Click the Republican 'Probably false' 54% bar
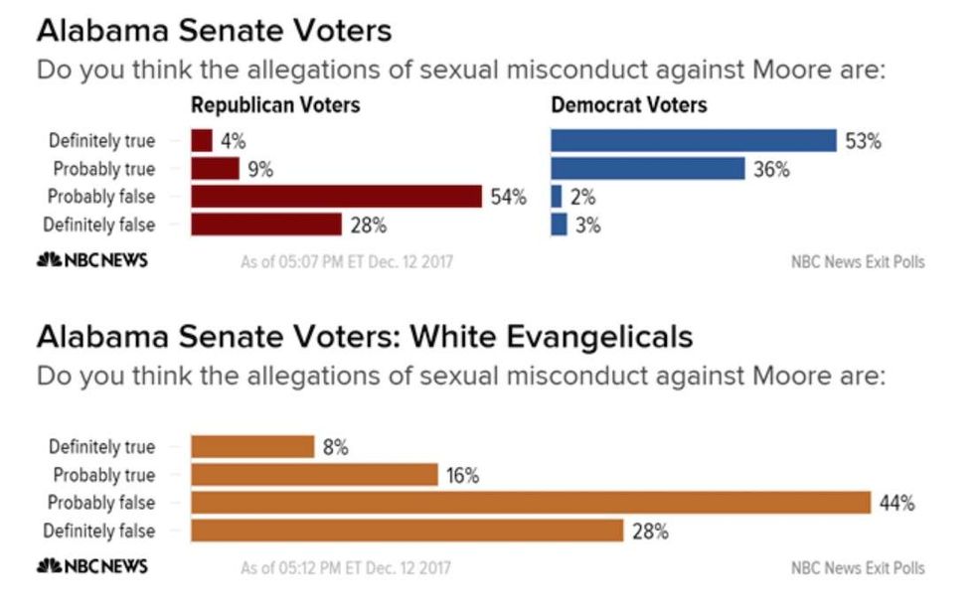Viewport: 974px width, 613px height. click(337, 197)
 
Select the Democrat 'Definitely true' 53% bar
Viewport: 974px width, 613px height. click(694, 141)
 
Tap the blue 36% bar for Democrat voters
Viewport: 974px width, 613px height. click(647, 169)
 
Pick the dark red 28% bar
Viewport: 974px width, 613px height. click(266, 225)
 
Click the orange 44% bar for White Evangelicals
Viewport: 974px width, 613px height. click(531, 503)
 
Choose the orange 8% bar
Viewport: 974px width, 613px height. click(252, 447)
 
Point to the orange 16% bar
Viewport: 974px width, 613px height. click(314, 475)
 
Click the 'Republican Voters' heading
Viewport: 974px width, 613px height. click(275, 105)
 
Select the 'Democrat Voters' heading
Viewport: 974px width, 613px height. click(629, 105)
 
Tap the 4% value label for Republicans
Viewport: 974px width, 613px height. click(233, 141)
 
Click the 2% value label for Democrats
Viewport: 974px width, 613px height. click(582, 197)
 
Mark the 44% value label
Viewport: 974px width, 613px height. click(896, 503)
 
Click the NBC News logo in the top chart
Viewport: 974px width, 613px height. click(91, 260)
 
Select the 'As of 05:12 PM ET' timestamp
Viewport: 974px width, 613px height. click(345, 568)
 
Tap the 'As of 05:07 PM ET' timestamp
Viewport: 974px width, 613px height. click(345, 262)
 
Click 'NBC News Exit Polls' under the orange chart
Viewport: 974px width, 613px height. click(857, 568)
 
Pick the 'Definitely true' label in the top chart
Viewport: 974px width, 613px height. click(101, 141)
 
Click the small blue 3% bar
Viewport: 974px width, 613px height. click(559, 225)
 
